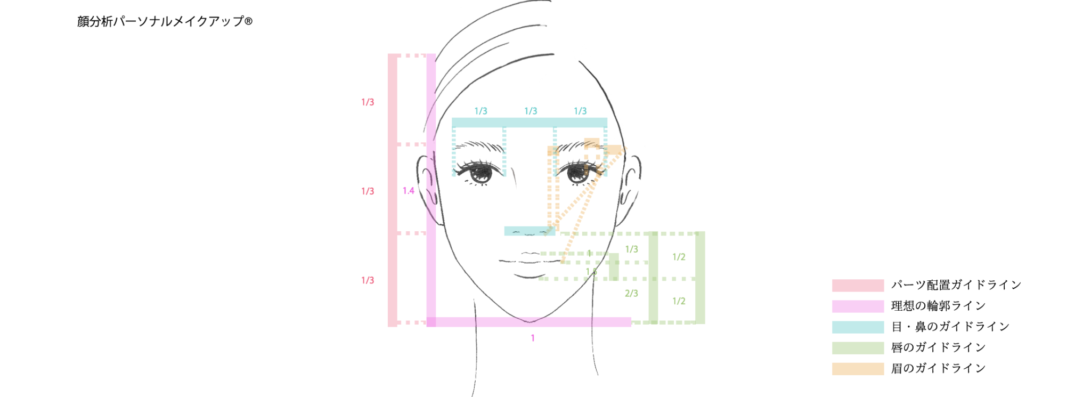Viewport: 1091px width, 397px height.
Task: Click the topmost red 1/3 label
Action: coord(368,102)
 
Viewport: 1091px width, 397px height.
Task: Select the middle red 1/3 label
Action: coord(368,191)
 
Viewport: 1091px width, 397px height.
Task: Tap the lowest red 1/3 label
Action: coord(368,280)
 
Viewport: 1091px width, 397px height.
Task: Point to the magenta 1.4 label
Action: coord(409,191)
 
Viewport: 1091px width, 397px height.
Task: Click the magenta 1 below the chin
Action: coord(532,338)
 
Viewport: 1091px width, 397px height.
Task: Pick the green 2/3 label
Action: coord(631,293)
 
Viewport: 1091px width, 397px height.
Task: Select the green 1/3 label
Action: coord(631,249)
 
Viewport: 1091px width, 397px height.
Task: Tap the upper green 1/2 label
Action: coord(679,257)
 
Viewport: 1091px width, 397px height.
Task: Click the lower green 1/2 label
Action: coord(679,301)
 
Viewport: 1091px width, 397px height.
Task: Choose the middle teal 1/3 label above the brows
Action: coord(531,111)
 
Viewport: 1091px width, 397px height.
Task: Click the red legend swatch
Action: coord(858,286)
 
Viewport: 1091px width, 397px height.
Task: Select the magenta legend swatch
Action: coord(858,306)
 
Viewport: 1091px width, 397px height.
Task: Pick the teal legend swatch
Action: coord(858,327)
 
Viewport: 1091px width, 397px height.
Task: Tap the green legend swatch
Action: coord(858,348)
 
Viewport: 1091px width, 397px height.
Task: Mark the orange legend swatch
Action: coord(858,369)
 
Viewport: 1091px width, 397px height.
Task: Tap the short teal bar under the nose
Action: coord(529,231)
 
